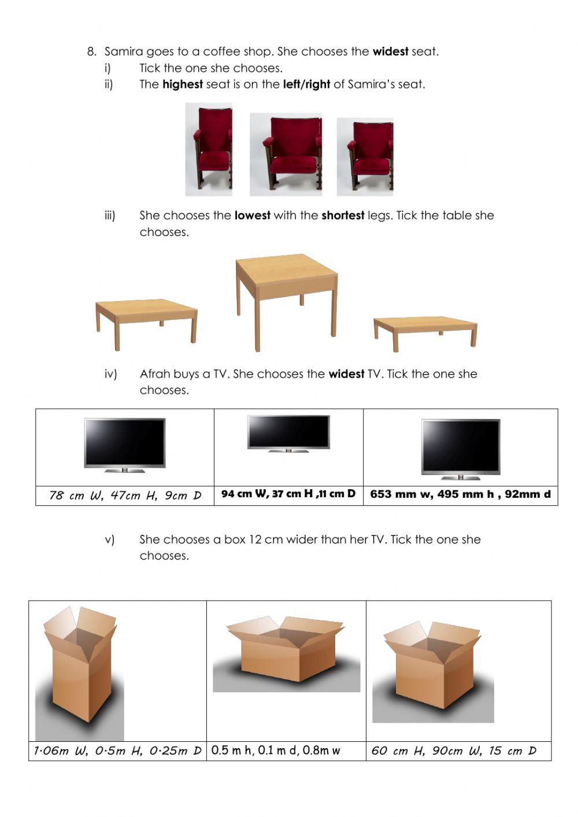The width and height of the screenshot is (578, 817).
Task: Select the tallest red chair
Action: (209, 149)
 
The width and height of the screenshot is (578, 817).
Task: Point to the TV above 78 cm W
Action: (125, 445)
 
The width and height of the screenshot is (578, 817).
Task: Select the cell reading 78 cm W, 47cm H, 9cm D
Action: (125, 496)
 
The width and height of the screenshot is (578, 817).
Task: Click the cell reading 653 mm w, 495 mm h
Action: (460, 494)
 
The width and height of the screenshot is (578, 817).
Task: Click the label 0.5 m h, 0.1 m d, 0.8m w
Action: (276, 751)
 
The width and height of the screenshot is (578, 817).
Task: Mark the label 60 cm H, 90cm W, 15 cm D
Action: (454, 751)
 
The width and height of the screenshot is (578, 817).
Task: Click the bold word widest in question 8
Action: (390, 51)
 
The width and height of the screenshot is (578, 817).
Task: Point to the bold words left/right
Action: (306, 84)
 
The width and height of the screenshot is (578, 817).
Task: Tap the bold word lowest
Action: (252, 216)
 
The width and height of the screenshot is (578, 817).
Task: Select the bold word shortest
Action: (343, 216)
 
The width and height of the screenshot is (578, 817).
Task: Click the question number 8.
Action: (91, 51)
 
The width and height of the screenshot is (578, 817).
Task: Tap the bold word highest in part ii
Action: (182, 84)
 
